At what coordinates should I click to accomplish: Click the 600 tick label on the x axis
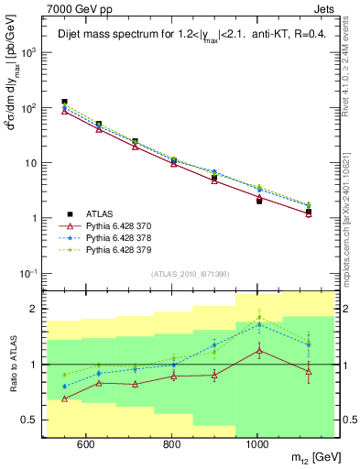[85, 445]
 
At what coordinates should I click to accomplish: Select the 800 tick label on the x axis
[172, 445]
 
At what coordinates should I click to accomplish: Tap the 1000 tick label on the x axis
[259, 445]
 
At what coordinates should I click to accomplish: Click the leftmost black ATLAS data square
[64, 102]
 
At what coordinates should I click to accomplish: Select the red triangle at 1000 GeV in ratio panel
[259, 350]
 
